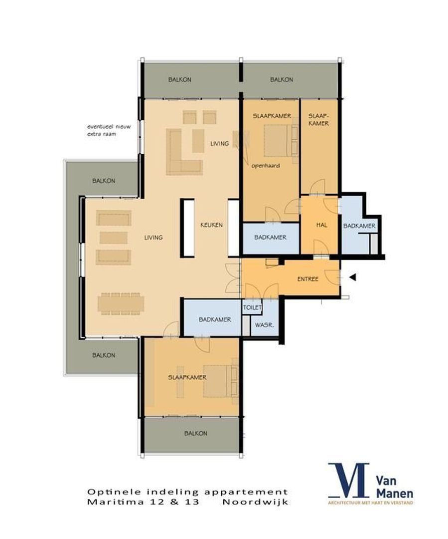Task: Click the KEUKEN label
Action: (211, 225)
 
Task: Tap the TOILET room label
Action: (252, 308)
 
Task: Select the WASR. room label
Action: (262, 325)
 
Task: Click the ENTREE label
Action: (307, 279)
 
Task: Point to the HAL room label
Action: (321, 225)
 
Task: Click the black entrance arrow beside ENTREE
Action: (353, 277)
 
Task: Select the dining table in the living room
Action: (121, 303)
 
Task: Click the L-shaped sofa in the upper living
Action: (182, 152)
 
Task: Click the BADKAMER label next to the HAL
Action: (359, 226)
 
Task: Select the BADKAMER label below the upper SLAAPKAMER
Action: (270, 238)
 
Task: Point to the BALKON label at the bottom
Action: (195, 433)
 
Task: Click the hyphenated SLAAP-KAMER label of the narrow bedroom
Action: (318, 119)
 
